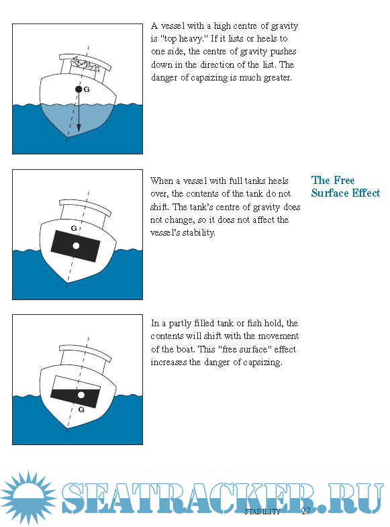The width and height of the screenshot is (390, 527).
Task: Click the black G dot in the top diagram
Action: coord(79,89)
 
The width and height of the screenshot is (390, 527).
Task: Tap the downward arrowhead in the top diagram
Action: coord(79,128)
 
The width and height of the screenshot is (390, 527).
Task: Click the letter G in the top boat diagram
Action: coord(87,89)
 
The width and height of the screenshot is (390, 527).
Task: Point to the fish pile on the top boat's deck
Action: coord(86,64)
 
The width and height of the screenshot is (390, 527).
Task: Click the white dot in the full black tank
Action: coord(76,246)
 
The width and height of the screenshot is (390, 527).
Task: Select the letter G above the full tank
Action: coord(74,228)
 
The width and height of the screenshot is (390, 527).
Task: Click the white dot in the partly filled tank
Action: coord(81,395)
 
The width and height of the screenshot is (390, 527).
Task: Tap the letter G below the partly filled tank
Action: coord(81,410)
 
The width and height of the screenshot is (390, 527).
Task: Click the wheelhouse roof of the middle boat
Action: coord(85,207)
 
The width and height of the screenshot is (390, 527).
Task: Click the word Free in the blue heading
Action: coord(344,180)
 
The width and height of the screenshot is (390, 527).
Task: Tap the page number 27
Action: coord(305,511)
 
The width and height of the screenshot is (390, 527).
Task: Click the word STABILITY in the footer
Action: coord(262,512)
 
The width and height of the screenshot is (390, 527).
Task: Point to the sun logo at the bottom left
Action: coord(29,498)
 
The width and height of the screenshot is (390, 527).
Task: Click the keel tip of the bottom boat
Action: coord(67,429)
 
